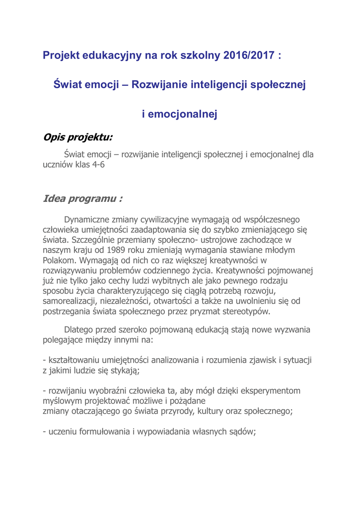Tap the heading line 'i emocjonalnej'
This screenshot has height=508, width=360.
coord(180,115)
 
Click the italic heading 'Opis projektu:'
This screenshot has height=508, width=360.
coord(78,137)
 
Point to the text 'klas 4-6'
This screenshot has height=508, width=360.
coord(90,165)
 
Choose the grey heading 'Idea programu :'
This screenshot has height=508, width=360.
coord(82,199)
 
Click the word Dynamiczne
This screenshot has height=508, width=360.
coord(88,219)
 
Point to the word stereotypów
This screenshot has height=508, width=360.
coord(246,311)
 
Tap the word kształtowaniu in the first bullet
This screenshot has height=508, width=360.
coord(71,360)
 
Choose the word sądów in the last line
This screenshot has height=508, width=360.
coord(242,431)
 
